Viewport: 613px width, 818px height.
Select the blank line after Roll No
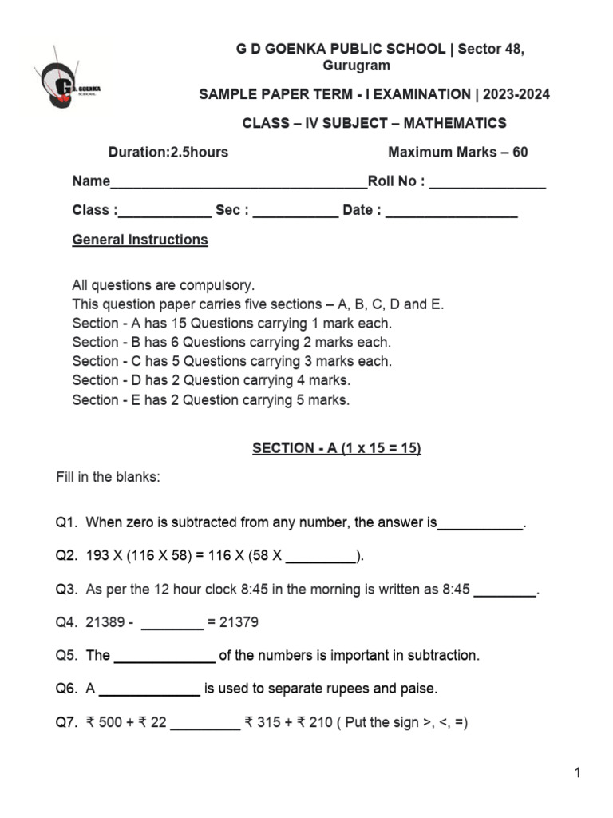488,185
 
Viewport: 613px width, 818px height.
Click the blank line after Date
452,215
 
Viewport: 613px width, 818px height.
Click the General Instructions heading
140,240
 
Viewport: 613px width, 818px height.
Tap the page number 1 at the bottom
577,772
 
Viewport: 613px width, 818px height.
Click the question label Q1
65,523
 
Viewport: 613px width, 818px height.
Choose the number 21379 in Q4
239,622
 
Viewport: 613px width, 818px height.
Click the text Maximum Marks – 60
457,153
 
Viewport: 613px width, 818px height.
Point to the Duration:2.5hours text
168,153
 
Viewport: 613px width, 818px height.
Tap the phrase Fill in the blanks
108,477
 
